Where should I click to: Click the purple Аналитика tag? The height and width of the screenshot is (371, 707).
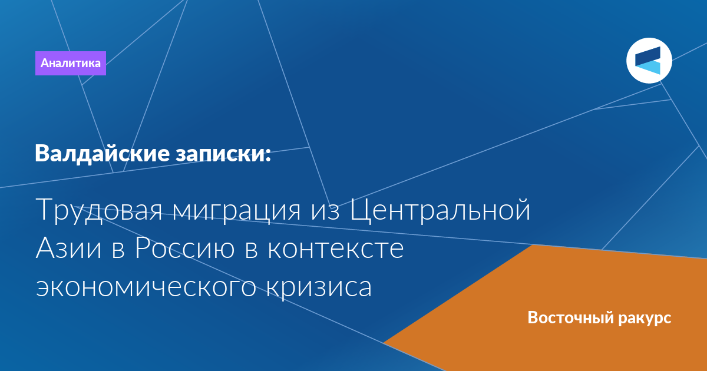pyautogui.click(x=70, y=63)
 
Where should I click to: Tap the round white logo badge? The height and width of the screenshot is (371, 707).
pyautogui.click(x=649, y=61)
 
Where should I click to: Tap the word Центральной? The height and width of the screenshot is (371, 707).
pyautogui.click(x=440, y=210)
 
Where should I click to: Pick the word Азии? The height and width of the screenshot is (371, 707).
pyautogui.click(x=68, y=248)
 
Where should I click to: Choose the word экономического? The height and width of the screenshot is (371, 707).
pyautogui.click(x=146, y=288)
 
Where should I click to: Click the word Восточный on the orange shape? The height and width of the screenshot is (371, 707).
pyautogui.click(x=570, y=317)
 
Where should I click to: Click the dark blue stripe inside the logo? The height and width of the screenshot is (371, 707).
pyautogui.click(x=648, y=57)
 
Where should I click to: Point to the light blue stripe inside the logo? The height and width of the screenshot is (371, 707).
pyautogui.click(x=648, y=68)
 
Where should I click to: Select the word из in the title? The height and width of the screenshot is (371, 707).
pyautogui.click(x=325, y=212)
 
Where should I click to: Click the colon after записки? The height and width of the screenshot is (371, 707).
pyautogui.click(x=268, y=154)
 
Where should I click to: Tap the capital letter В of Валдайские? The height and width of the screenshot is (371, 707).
pyautogui.click(x=42, y=154)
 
